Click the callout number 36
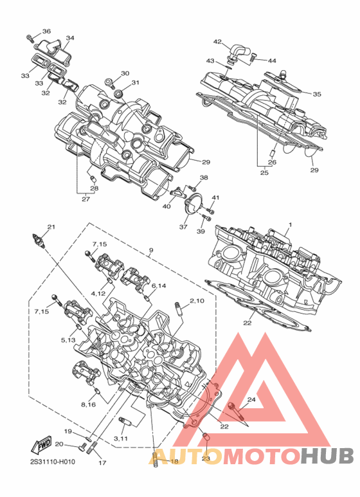pos(46,31)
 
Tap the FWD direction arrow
pos(41,446)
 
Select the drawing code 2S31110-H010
pos(53,462)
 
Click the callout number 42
pos(217,42)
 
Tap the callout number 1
pos(289,225)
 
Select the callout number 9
pos(151,250)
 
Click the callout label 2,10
pos(197,300)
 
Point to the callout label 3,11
pos(120,438)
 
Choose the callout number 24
pos(251,400)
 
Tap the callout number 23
pos(206,458)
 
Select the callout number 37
pos(183,227)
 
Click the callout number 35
pos(317,94)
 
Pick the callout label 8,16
pos(89,404)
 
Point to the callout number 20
pos(60,444)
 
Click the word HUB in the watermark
pos(327,456)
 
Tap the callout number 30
pos(125,73)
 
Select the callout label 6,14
pos(159,285)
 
